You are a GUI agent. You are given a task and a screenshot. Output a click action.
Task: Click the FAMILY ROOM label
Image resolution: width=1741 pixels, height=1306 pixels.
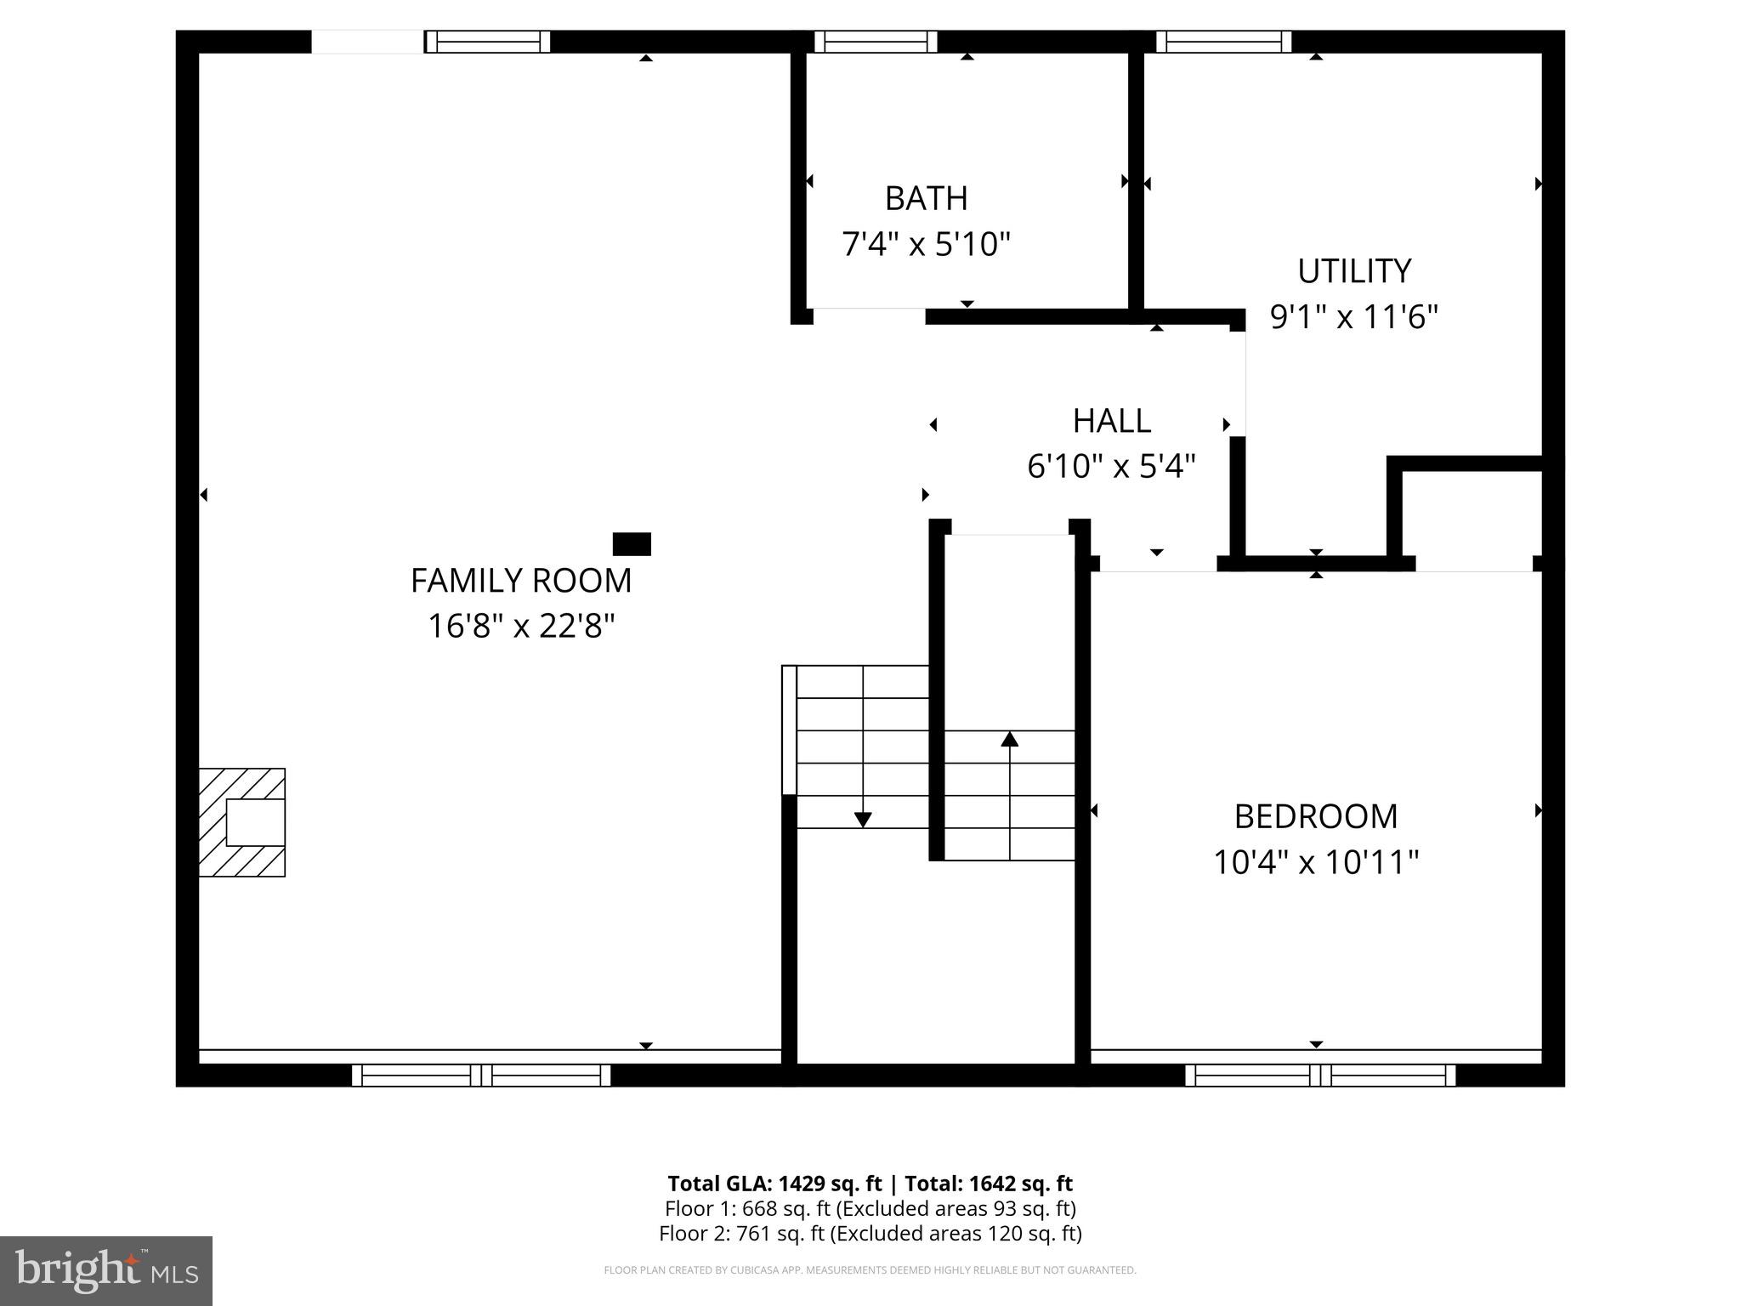pos(521,581)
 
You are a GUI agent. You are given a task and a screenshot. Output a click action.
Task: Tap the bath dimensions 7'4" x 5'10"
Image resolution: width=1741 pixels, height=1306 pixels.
pos(926,245)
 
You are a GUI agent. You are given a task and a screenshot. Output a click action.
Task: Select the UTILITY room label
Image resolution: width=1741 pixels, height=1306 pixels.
pos(1353,271)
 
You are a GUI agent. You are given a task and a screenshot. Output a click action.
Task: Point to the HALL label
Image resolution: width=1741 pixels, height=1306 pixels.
pos(1111,421)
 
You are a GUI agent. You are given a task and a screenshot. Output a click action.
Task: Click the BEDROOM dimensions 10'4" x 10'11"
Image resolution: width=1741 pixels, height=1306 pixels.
pos(1315,862)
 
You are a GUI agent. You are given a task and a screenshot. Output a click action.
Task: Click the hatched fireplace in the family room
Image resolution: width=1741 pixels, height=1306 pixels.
pos(242,822)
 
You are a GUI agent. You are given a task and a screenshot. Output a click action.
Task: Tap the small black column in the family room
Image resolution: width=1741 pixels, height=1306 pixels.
pos(632,544)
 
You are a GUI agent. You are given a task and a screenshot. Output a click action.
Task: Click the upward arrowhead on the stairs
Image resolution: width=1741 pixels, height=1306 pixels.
pos(1009,739)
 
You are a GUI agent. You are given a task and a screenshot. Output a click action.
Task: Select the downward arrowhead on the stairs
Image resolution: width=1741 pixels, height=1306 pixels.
pos(863,820)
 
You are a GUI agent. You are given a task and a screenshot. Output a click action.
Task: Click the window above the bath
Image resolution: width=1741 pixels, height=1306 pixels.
pos(876,42)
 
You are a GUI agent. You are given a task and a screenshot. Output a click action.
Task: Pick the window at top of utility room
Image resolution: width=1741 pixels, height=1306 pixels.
pos(1223,42)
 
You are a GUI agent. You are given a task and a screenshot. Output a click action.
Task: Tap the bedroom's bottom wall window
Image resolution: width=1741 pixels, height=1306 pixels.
pos(1320,1076)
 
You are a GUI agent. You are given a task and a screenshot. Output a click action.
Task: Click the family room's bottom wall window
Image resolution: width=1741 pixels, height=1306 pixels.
pos(481,1076)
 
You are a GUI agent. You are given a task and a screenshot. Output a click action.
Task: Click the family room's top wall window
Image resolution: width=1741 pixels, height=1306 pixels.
pos(487,42)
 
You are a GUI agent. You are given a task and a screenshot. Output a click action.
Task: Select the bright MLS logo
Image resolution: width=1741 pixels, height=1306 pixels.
pos(106,1271)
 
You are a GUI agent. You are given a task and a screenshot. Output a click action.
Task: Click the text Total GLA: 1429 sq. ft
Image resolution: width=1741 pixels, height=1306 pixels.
pos(774,1184)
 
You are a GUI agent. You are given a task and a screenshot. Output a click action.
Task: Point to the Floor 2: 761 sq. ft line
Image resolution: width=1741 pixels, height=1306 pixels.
pos(870,1233)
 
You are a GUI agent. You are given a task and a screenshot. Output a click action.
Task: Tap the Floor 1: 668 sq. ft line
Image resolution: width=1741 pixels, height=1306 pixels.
pos(870,1208)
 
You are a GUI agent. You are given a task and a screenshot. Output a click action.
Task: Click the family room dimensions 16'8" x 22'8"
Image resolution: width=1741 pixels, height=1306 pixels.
pos(521,627)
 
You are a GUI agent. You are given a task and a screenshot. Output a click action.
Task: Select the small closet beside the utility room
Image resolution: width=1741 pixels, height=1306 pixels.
pos(1472,514)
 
